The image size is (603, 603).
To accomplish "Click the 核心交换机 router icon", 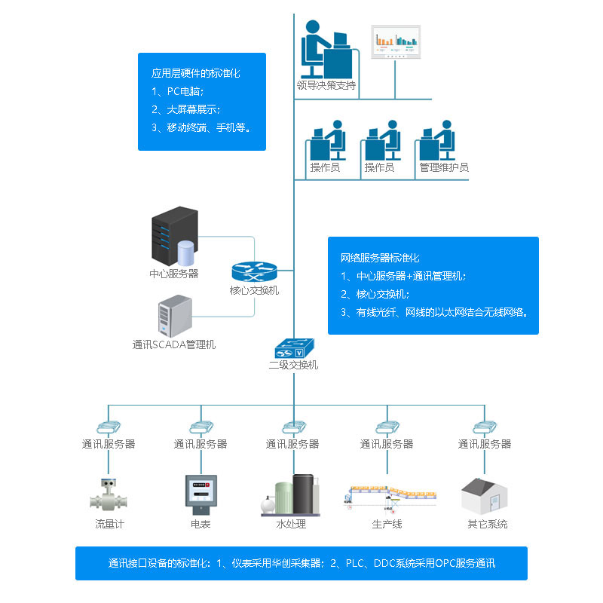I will coord(255,272).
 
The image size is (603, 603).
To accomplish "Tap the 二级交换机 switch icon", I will coord(293,349).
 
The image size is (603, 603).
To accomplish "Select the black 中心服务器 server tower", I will coord(175,235).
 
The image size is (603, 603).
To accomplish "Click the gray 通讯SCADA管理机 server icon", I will coord(174,317).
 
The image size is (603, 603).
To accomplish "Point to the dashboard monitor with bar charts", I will coord(396,42).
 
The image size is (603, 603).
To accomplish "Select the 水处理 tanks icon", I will coord(292,495).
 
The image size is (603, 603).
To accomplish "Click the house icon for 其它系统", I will coord(484,495).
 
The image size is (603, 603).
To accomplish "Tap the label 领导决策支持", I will coord(326,84).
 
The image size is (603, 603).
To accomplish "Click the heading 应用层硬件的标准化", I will coord(195,74).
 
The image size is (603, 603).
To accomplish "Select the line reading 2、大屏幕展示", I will coord(185,109).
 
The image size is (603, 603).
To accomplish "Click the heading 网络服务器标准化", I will coord(380,258).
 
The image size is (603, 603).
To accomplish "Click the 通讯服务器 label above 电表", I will coord(200,444).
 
